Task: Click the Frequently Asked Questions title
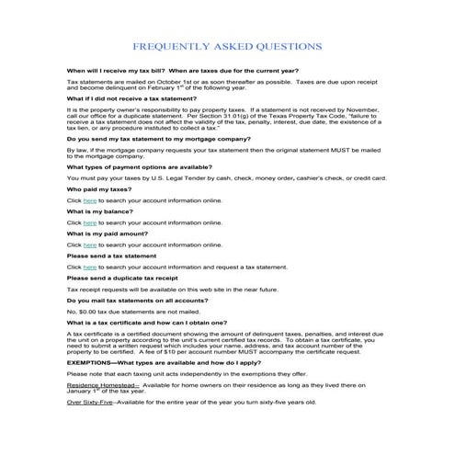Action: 227,45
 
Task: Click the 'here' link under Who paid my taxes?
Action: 89,199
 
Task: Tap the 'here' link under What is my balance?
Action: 89,222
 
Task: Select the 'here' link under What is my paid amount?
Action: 89,245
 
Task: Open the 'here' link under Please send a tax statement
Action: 89,267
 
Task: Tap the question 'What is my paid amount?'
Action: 110,233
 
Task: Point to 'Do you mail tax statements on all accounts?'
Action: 142,300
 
